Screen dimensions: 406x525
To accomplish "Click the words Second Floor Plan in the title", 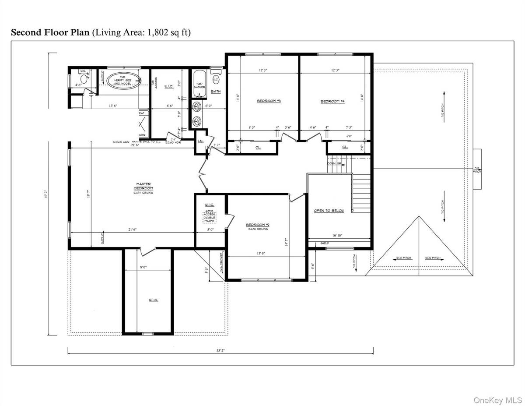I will (x=49, y=32).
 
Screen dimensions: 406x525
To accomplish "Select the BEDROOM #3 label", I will (x=268, y=101).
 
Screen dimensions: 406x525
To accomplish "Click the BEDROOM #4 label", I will (x=332, y=101).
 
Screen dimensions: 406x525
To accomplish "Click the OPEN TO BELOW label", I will (x=329, y=211).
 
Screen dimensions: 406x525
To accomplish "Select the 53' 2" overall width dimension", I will (x=220, y=351).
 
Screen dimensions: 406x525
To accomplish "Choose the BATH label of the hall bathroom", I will (x=216, y=92).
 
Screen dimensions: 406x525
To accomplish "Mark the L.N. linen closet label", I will (x=200, y=141).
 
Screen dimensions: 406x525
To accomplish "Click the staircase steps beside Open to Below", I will (x=361, y=193).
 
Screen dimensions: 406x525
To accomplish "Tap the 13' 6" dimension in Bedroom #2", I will (x=259, y=253).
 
